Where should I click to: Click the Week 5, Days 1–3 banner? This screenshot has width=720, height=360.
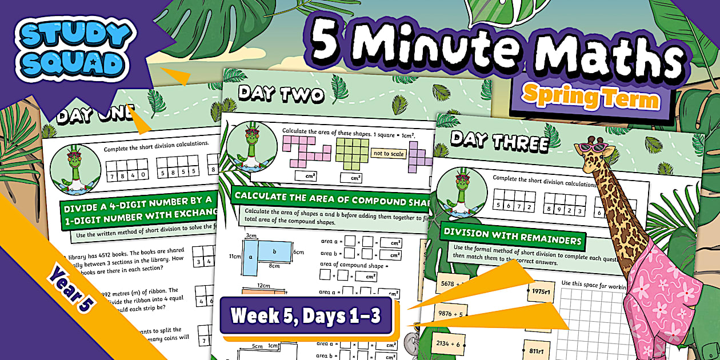point(305,315)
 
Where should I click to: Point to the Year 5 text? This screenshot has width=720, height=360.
point(70,289)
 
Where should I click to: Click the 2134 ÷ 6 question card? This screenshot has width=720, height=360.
point(451,343)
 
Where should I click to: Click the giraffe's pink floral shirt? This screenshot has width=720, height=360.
point(663,291)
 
